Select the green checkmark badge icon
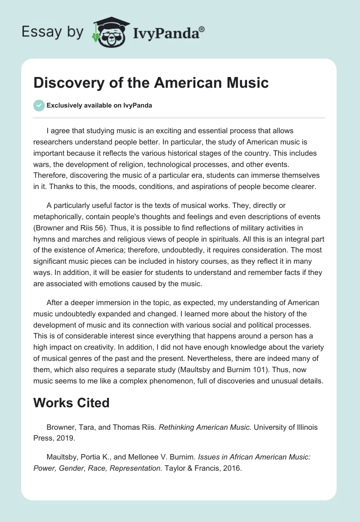pyautogui.click(x=39, y=105)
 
